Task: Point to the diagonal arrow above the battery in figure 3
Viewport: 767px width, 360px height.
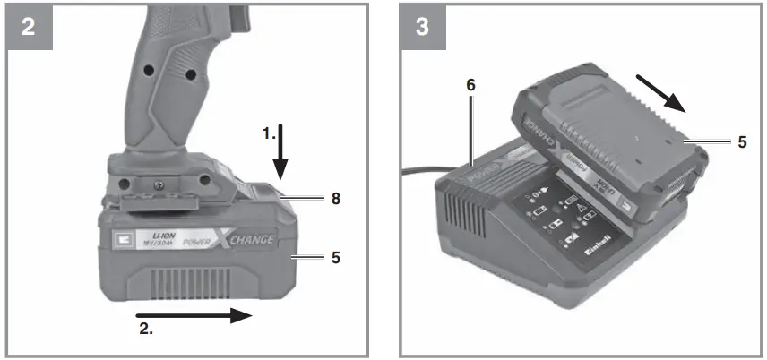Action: pos(664,93)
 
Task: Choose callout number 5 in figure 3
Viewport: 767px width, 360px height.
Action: pos(742,141)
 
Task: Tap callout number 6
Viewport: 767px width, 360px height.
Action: pos(470,86)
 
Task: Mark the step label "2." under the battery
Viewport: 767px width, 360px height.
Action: pos(145,330)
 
